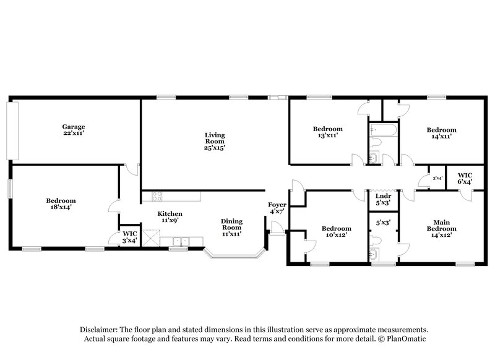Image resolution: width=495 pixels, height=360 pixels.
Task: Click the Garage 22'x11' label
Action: click(73, 131)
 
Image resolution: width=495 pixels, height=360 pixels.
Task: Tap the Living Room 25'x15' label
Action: click(215, 141)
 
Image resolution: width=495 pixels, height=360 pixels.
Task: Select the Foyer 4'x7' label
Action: click(277, 208)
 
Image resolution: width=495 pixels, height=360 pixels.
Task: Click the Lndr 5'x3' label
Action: click(383, 199)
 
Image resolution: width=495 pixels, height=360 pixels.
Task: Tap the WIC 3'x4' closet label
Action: click(129, 236)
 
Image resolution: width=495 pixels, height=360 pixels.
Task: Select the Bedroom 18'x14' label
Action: click(61, 205)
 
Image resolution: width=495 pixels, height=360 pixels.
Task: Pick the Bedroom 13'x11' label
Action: click(327, 133)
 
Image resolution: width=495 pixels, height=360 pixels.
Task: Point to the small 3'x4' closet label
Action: click(437, 178)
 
